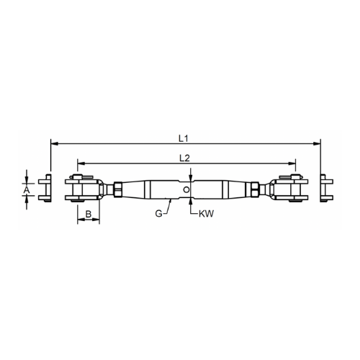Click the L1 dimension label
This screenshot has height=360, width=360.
point(184,138)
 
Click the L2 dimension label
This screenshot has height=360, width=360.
point(184,158)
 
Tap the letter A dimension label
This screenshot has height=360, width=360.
point(27,190)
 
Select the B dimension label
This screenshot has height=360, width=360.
point(89,214)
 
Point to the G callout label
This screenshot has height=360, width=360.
point(158,213)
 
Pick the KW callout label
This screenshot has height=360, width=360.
point(206,214)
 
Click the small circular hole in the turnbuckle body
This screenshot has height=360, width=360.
point(186,189)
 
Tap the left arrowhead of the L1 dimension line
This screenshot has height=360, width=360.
point(54,144)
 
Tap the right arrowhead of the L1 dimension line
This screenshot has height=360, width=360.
point(318,144)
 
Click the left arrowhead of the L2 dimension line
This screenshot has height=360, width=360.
point(81,163)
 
